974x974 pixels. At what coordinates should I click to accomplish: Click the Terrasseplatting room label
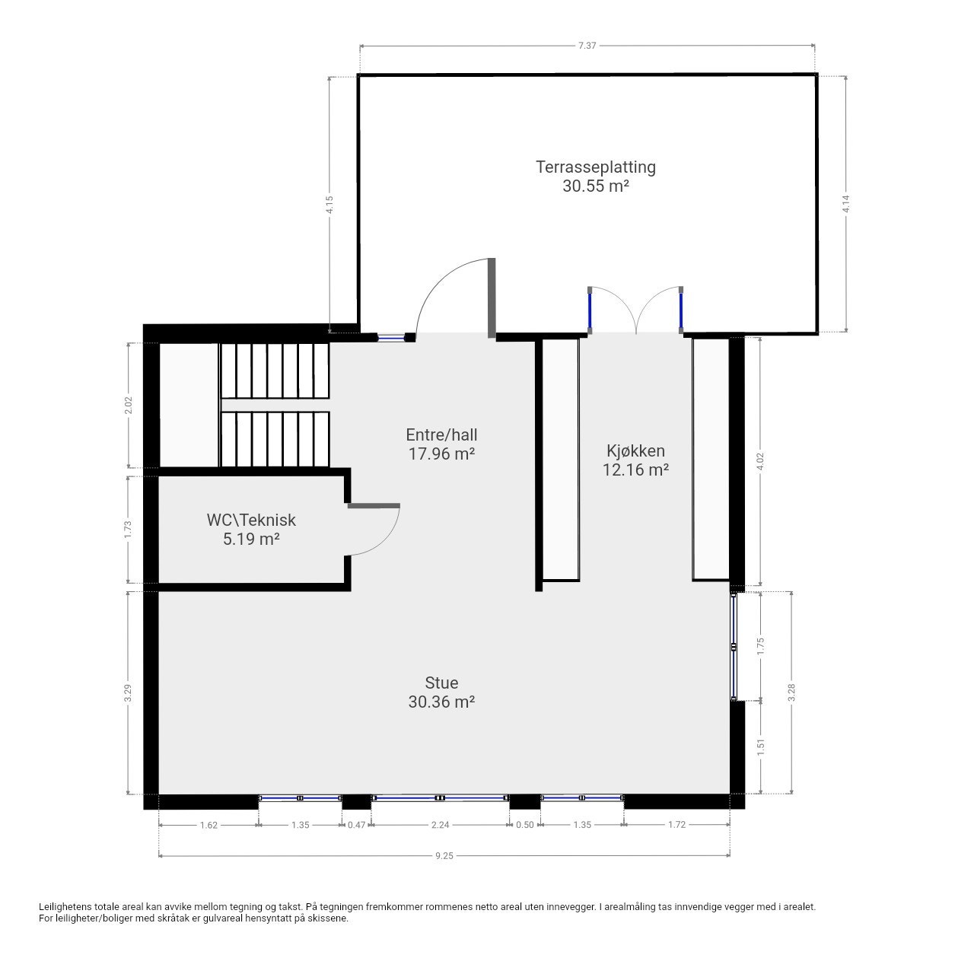click(x=595, y=167)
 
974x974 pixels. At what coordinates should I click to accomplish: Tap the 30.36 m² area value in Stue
click(x=441, y=702)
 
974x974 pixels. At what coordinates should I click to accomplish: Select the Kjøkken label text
click(x=635, y=450)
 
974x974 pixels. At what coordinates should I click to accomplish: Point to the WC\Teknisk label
click(x=251, y=520)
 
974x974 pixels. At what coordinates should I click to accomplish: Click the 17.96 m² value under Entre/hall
click(x=441, y=454)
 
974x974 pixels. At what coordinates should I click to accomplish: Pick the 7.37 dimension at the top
click(x=587, y=46)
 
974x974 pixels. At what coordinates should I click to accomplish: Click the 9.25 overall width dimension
click(x=444, y=856)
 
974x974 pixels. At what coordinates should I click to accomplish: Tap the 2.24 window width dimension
click(x=440, y=825)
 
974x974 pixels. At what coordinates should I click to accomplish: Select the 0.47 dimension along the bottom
click(x=356, y=825)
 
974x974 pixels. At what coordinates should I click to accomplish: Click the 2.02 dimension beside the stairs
click(x=129, y=405)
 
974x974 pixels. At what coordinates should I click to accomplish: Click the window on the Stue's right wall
click(x=734, y=646)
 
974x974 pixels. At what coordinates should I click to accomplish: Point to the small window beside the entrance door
click(x=391, y=337)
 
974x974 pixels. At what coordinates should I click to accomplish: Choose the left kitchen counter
click(x=559, y=460)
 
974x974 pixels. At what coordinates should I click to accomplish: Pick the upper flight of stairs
click(x=275, y=370)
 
